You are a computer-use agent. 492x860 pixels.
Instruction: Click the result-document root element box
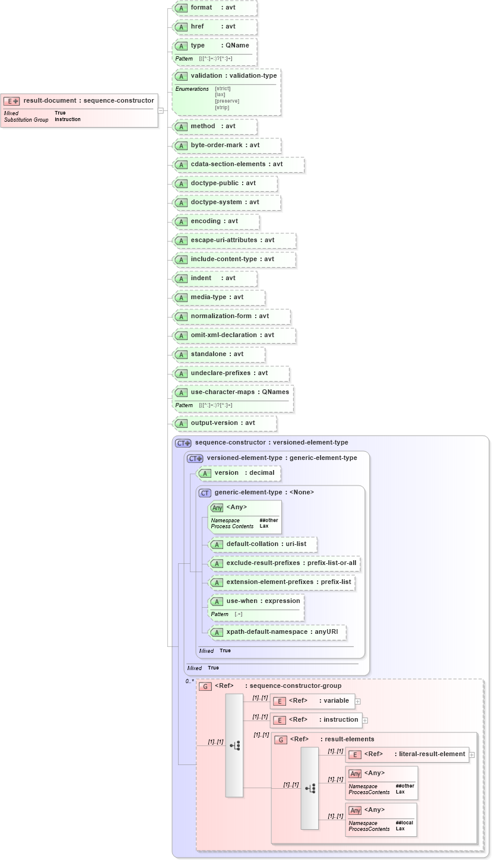coord(79,110)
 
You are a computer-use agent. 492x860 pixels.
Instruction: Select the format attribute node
coord(214,8)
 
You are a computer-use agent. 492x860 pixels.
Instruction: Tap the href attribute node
coord(214,27)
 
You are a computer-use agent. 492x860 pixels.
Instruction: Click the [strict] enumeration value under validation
coord(223,88)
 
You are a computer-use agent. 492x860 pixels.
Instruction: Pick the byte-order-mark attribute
coord(226,145)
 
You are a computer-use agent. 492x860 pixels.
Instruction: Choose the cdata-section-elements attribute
coord(238,164)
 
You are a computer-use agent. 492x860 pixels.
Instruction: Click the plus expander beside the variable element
coord(358,702)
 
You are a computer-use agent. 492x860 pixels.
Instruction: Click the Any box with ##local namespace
coord(381,819)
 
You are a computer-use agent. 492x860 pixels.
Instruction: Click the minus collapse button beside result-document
coord(160,110)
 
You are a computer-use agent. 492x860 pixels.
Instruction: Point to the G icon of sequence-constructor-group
coord(205,687)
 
